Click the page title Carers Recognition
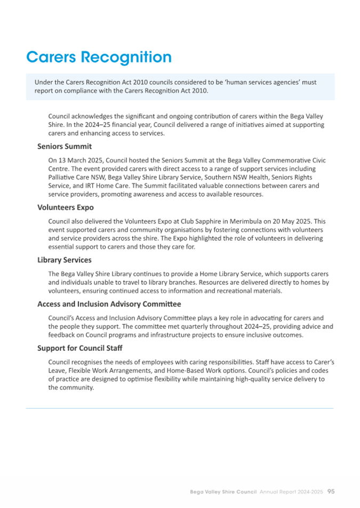(x=99, y=58)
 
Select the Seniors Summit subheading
(x=65, y=146)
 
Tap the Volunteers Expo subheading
(x=66, y=208)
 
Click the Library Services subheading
(x=65, y=260)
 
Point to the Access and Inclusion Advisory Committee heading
(x=109, y=304)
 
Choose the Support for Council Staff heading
(x=80, y=348)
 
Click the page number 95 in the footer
(x=331, y=491)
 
